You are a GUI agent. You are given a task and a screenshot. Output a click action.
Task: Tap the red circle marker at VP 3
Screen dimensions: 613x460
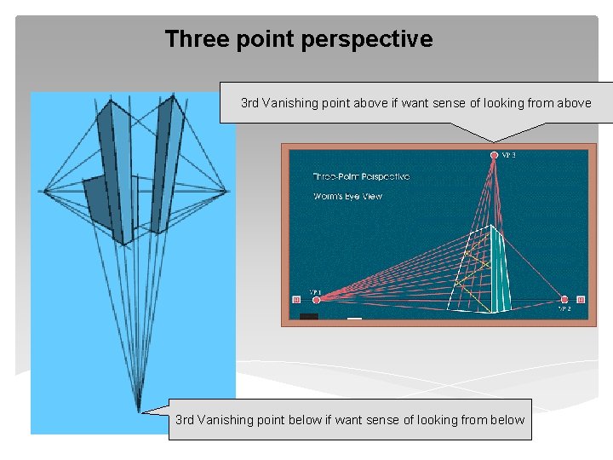pyautogui.click(x=494, y=155)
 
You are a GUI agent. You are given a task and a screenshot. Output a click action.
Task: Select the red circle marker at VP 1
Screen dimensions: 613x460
pyautogui.click(x=317, y=299)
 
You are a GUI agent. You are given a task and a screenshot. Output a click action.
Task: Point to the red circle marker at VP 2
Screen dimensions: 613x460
pyautogui.click(x=564, y=299)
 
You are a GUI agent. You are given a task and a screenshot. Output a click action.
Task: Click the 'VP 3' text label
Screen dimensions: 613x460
pyautogui.click(x=508, y=155)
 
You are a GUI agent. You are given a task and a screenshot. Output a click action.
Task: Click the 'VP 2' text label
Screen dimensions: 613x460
pyautogui.click(x=564, y=309)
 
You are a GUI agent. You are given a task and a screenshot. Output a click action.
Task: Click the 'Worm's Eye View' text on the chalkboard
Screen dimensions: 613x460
pyautogui.click(x=348, y=196)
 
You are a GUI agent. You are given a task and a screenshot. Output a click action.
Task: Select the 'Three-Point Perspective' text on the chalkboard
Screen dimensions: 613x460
pyautogui.click(x=362, y=176)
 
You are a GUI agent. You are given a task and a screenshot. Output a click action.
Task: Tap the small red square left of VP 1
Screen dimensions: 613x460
pyautogui.click(x=296, y=299)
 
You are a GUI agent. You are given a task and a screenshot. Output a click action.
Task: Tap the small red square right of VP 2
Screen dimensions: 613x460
pyautogui.click(x=581, y=299)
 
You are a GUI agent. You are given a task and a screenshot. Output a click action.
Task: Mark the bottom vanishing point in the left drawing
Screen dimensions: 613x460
pyautogui.click(x=139, y=411)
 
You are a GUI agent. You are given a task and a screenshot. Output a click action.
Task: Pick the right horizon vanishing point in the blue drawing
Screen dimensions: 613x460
pyautogui.click(x=228, y=189)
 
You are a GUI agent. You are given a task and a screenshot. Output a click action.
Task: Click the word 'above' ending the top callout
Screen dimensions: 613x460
pyautogui.click(x=574, y=103)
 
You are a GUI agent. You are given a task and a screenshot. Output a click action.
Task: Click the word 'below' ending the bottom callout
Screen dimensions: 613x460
pyautogui.click(x=508, y=419)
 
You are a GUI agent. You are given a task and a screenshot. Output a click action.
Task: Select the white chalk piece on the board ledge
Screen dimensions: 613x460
pyautogui.click(x=355, y=319)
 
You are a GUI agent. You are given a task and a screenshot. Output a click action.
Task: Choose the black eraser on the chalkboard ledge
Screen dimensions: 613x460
pyautogui.click(x=309, y=317)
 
